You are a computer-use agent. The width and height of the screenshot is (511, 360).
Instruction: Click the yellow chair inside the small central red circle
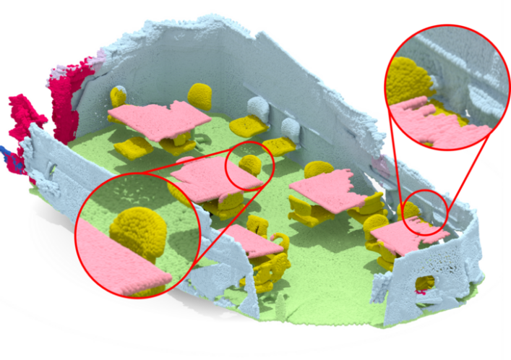(x=250, y=166)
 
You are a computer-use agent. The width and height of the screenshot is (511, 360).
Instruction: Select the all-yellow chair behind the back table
(x=200, y=95)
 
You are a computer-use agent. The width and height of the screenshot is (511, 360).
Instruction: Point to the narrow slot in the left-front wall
(x=53, y=169)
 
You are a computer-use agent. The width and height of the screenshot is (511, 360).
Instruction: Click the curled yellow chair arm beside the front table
(x=279, y=238)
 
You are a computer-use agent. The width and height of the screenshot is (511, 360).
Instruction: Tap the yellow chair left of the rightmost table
(x=375, y=224)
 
